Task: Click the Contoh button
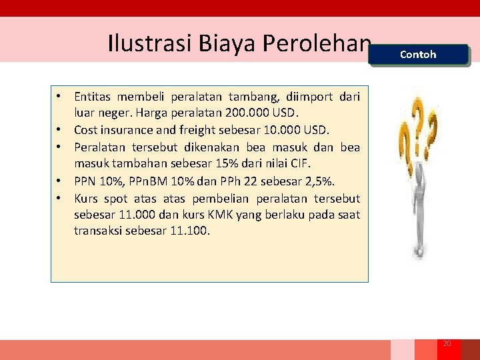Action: (x=418, y=55)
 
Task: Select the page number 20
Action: (x=447, y=343)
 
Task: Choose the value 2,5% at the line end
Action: (x=320, y=181)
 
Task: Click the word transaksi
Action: (x=97, y=231)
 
